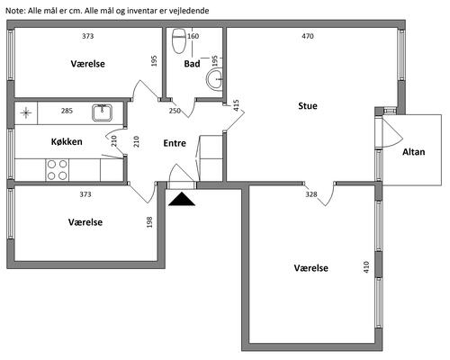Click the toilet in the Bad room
[179, 40]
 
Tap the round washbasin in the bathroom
[214, 79]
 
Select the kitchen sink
[102, 112]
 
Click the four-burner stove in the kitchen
[58, 170]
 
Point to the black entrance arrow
[182, 199]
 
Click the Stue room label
[308, 106]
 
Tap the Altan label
[413, 152]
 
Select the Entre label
[175, 143]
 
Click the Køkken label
[67, 141]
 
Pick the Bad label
[192, 64]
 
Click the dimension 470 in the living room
[308, 36]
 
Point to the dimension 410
[366, 267]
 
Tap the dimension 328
[311, 194]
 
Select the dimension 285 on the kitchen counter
[67, 111]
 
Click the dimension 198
[149, 222]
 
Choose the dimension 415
[236, 105]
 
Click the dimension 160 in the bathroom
[193, 36]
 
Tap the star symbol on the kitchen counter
[26, 112]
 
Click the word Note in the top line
[15, 11]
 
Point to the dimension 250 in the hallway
[175, 111]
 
